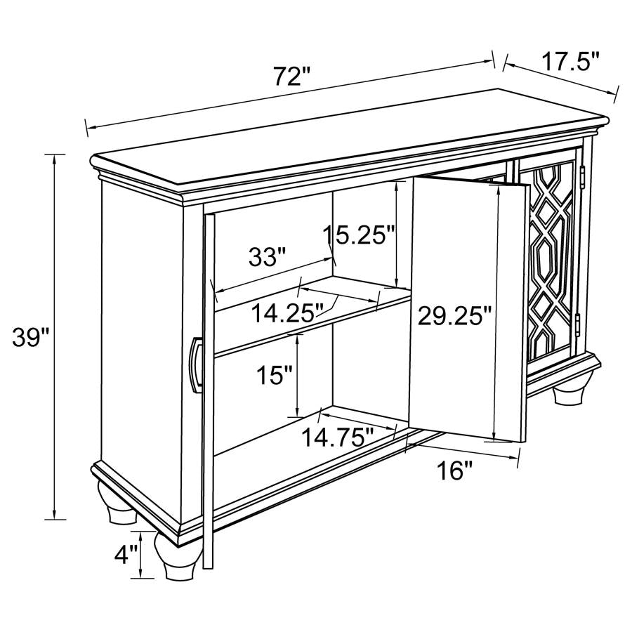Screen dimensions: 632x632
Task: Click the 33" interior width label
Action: [268, 257]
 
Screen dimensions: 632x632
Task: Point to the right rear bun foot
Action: [570, 390]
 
